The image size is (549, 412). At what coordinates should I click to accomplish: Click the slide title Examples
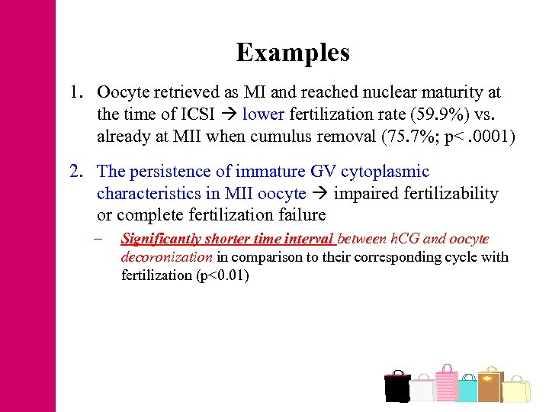point(293,53)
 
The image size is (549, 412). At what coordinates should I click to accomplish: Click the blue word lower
point(263,114)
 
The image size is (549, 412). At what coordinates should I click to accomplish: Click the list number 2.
point(75,172)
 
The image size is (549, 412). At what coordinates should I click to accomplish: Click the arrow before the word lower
point(229,115)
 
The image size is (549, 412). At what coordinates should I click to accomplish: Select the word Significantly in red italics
point(161,239)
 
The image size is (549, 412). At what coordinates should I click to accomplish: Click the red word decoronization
point(166,257)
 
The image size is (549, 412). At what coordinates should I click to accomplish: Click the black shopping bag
point(396,387)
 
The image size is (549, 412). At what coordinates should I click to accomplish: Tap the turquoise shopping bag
point(467,389)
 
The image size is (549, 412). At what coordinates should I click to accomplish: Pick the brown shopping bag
point(490,385)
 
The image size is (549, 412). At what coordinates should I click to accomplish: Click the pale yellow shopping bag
point(516,389)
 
